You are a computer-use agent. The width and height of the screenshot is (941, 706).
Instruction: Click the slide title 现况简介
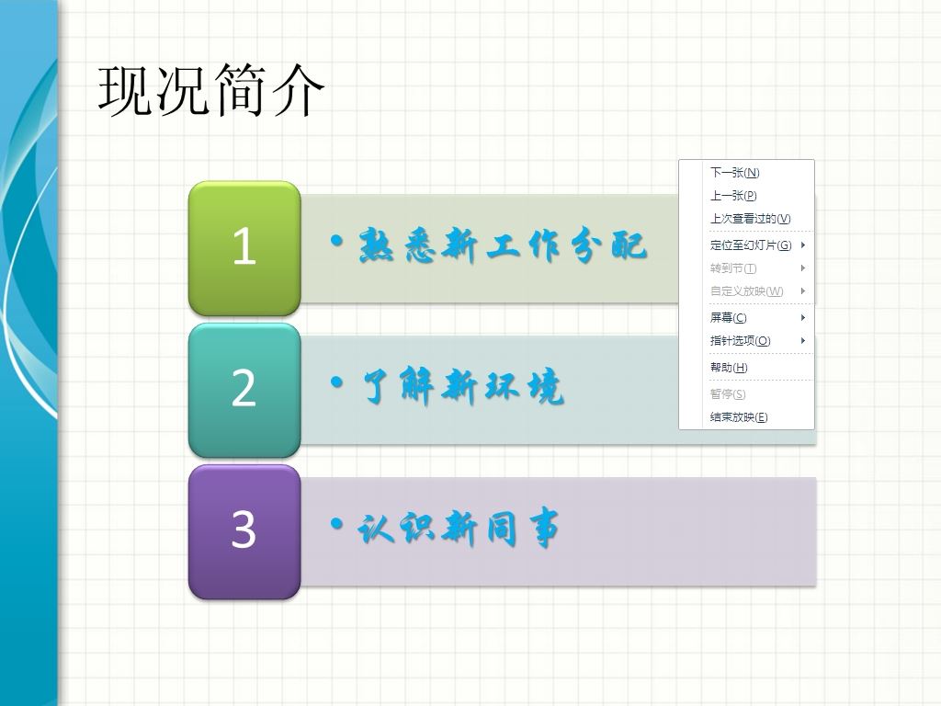[210, 90]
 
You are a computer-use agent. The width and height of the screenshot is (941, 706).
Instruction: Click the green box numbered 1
[244, 248]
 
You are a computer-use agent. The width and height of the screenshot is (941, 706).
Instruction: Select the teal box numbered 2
[244, 390]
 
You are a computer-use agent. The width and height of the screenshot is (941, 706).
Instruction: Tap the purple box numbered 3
[244, 532]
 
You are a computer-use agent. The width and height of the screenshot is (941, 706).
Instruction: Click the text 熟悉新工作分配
[503, 245]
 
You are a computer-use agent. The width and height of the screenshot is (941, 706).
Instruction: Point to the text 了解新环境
[463, 386]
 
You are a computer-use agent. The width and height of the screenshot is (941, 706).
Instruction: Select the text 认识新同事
[459, 529]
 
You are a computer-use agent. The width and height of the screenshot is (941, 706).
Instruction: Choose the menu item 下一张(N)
[734, 173]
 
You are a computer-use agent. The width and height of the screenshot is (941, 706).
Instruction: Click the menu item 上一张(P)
[733, 196]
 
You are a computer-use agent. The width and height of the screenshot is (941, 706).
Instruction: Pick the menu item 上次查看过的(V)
[750, 219]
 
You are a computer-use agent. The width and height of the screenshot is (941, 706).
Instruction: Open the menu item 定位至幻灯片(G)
[751, 245]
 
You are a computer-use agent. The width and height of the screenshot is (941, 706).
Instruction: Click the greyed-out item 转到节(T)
[733, 268]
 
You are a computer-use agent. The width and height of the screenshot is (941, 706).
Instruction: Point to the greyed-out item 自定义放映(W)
[746, 291]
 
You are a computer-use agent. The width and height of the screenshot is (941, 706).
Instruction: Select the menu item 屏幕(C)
[729, 317]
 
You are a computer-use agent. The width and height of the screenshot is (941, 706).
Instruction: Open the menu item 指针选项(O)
[740, 341]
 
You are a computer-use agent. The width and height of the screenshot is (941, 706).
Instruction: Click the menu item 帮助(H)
[729, 368]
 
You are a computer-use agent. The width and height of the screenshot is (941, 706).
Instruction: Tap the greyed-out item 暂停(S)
[728, 393]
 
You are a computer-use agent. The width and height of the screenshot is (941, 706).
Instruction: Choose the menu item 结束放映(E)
[739, 417]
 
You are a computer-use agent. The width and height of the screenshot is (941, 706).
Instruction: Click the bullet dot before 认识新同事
[337, 524]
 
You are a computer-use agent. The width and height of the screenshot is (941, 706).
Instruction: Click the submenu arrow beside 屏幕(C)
[802, 317]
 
